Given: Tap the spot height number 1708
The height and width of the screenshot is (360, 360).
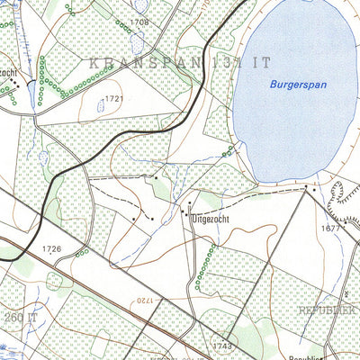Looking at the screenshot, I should pyautogui.click(x=139, y=20).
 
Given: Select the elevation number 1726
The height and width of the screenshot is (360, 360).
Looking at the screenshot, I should pyautogui.click(x=51, y=247).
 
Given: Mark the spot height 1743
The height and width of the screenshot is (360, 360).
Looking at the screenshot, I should pyautogui.click(x=223, y=346).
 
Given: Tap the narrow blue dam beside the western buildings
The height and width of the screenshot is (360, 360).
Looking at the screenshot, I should pyautogui.click(x=31, y=93).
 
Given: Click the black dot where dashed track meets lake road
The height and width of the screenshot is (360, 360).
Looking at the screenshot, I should pyautogui.click(x=306, y=188).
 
